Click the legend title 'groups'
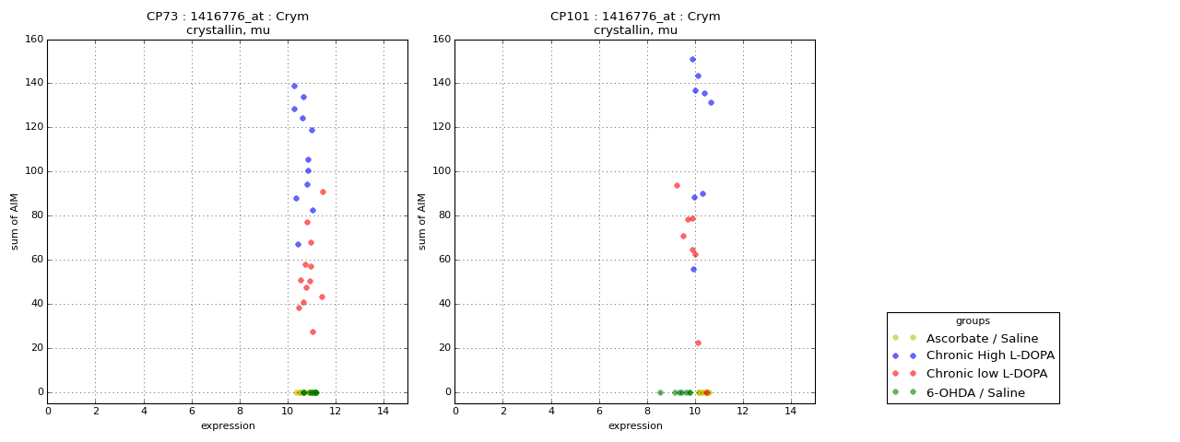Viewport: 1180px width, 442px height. [973, 320]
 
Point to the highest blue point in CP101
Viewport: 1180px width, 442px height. [692, 59]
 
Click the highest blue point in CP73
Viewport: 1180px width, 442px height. [294, 87]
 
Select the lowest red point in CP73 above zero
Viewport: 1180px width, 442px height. [313, 331]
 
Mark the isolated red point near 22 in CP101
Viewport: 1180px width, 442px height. [698, 343]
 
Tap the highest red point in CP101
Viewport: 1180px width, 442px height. [677, 185]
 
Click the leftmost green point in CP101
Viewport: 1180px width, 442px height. [660, 392]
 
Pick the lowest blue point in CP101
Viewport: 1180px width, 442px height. [693, 270]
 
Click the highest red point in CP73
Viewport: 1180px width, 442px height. [323, 192]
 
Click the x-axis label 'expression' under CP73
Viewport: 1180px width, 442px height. [228, 426]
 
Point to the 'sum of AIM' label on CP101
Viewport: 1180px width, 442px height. [423, 221]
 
